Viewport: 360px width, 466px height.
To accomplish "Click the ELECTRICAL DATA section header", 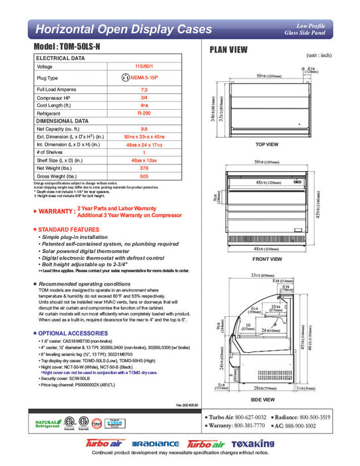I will coord(61,59).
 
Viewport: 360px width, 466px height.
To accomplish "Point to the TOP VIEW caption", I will coord(266,144).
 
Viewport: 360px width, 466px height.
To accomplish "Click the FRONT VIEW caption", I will coord(266,258).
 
